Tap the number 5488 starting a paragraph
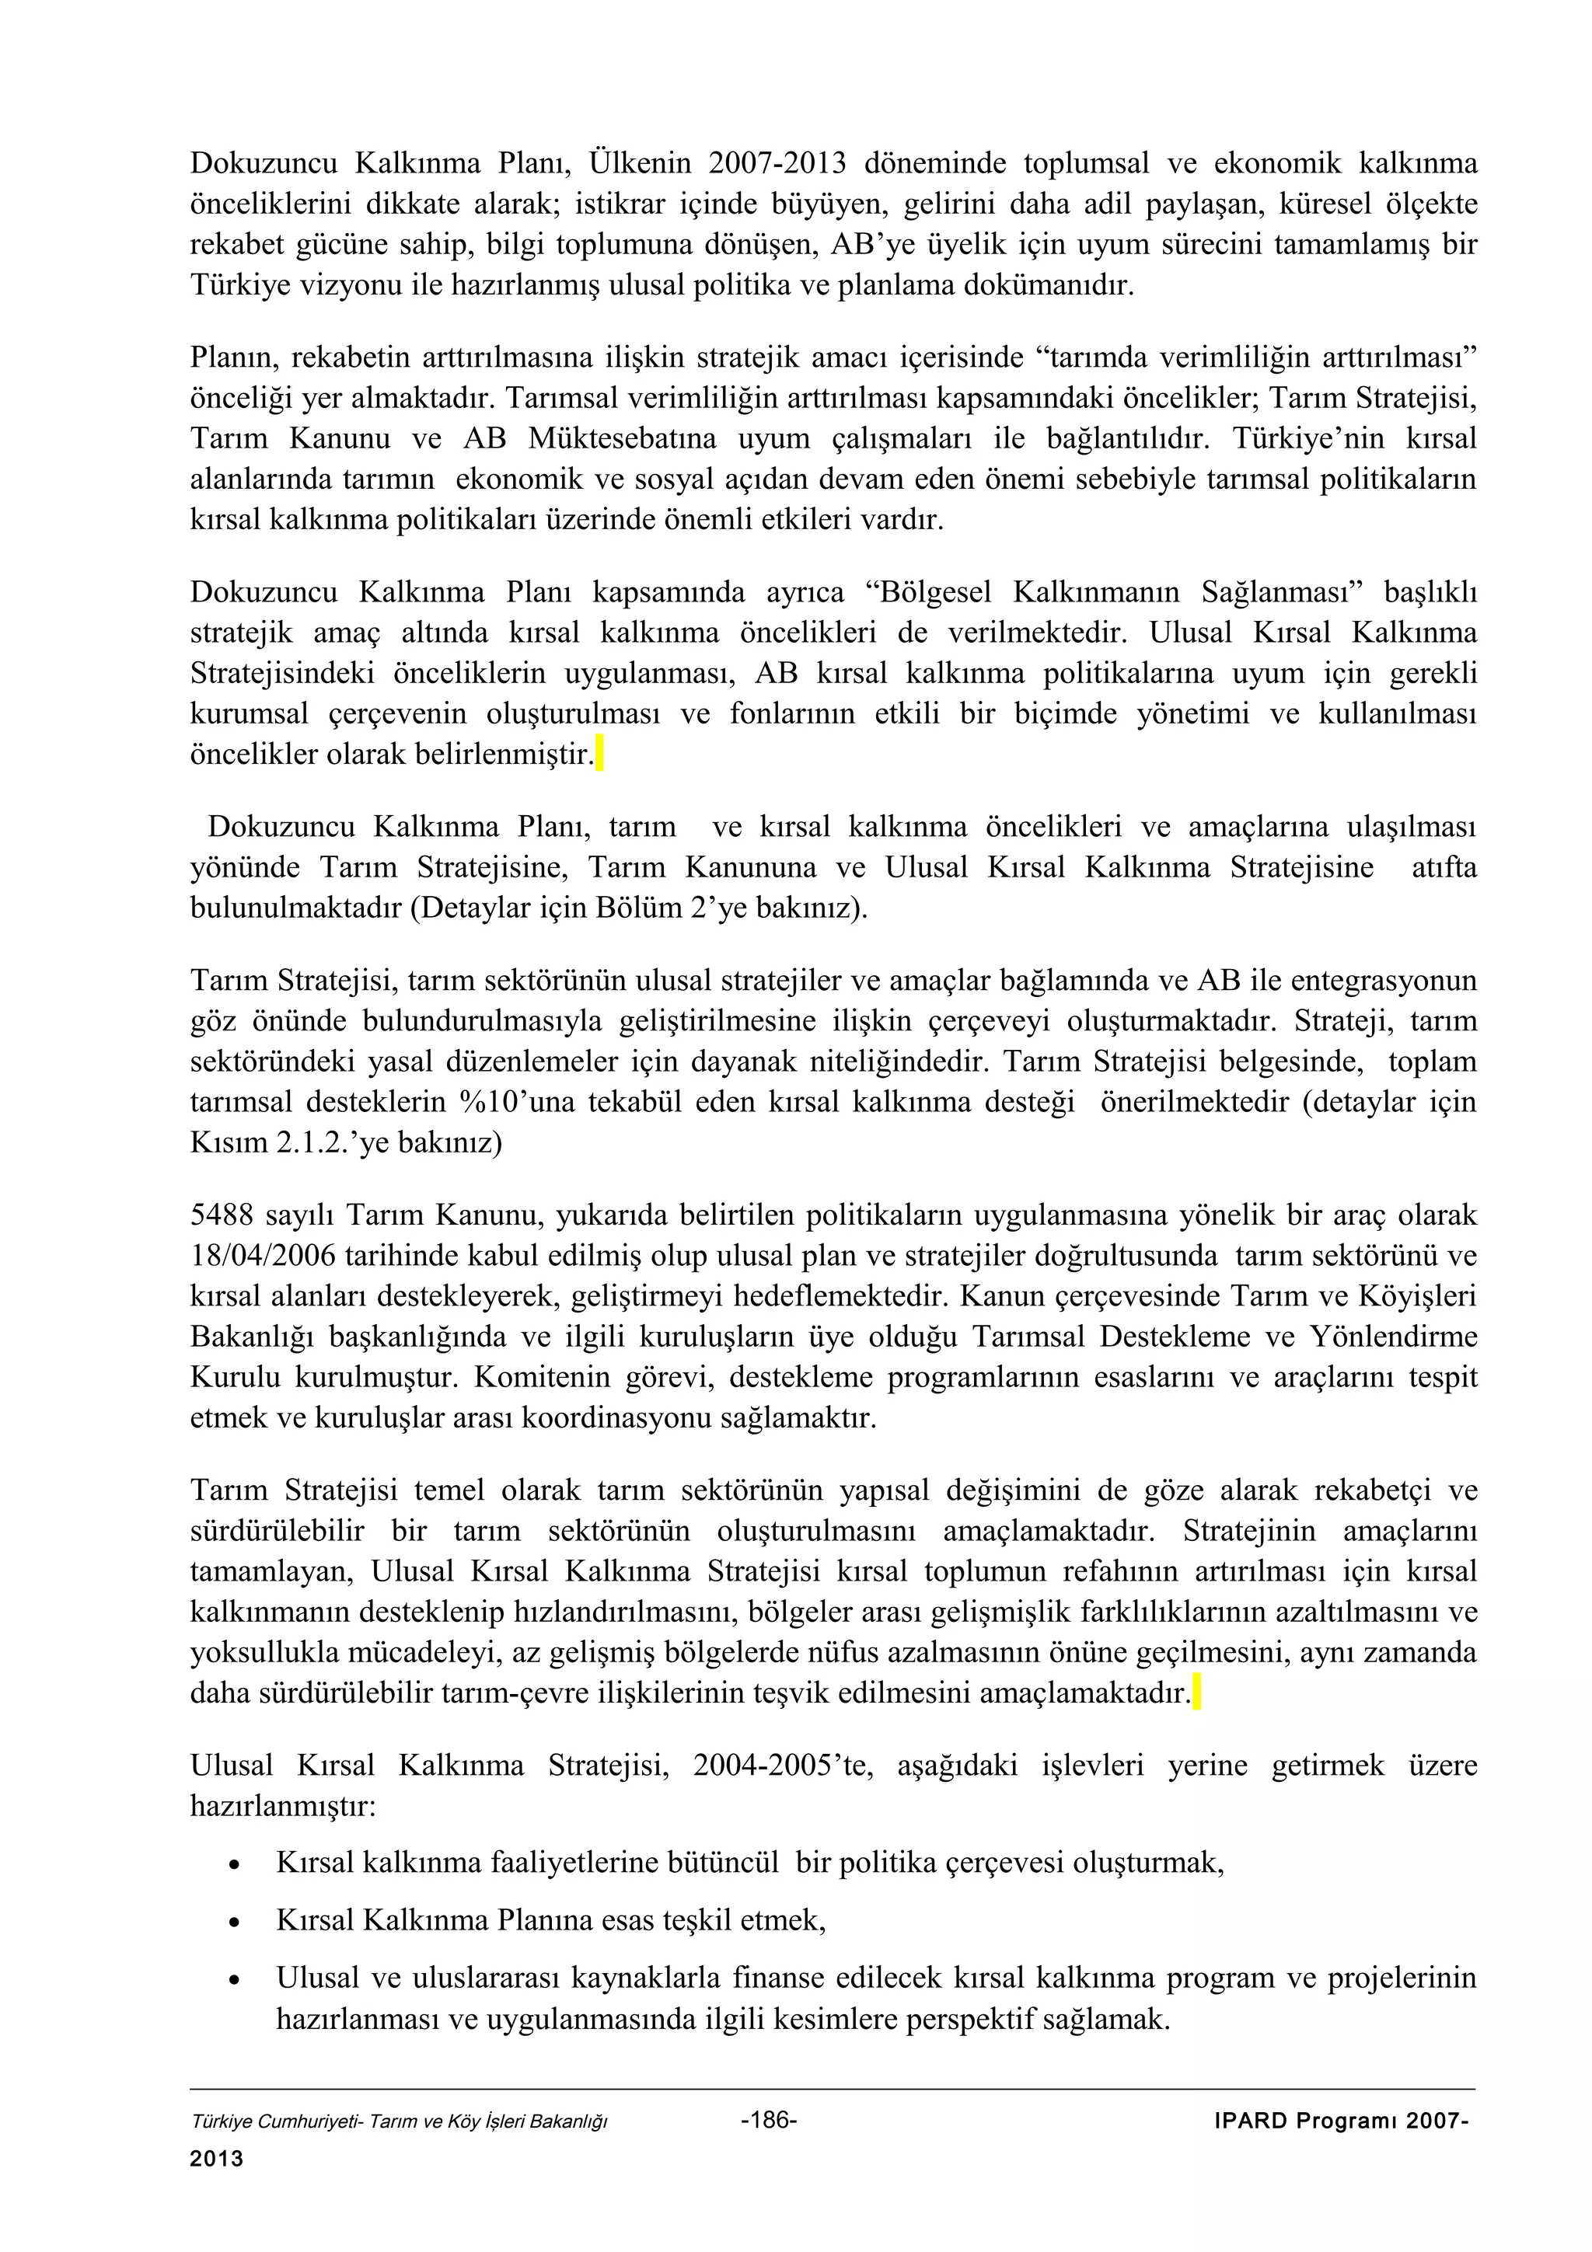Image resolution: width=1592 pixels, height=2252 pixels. pos(222,1216)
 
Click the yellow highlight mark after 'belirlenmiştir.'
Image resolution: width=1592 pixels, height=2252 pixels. pos(599,755)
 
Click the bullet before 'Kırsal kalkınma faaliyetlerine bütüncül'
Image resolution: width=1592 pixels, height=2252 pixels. pos(232,1864)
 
